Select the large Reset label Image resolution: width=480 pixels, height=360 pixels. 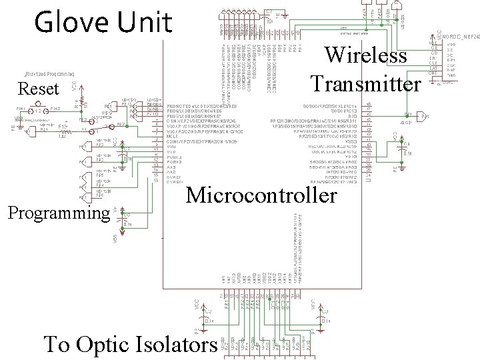coord(39,89)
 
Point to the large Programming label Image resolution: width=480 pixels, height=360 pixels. coord(58,213)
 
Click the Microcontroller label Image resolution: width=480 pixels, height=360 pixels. coord(261,195)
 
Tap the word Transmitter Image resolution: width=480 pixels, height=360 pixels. coord(365,84)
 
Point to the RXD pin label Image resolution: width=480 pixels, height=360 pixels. coord(353,116)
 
